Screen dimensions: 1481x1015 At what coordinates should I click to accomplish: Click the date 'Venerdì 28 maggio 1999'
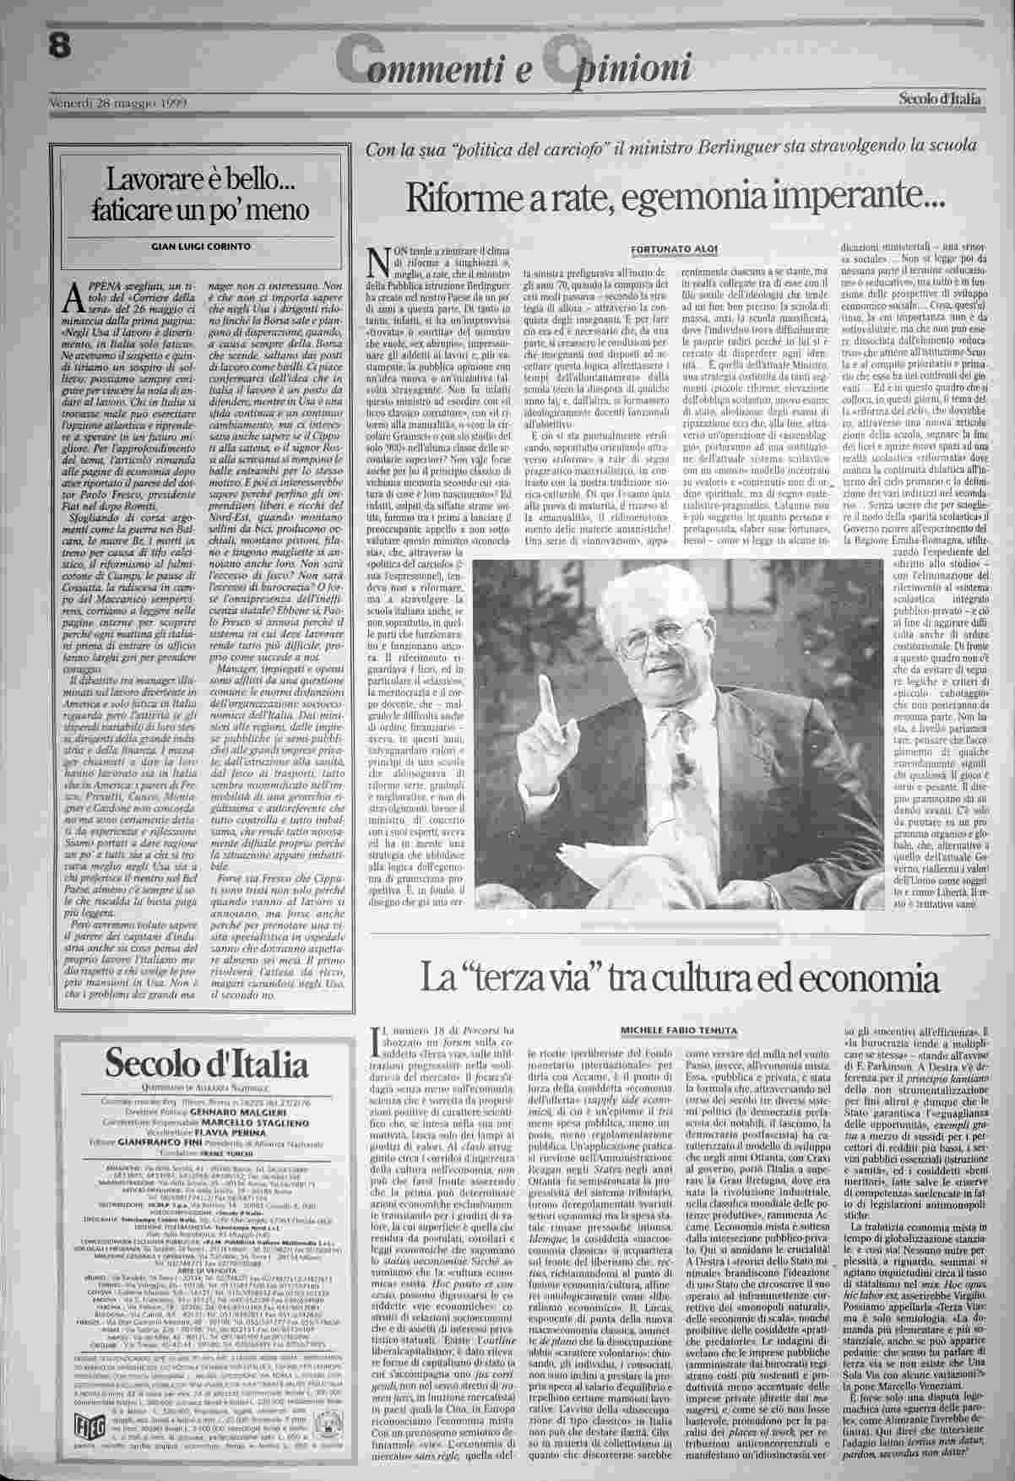pyautogui.click(x=118, y=104)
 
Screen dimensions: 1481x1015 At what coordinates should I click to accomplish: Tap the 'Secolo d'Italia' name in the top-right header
pyautogui.click(x=940, y=100)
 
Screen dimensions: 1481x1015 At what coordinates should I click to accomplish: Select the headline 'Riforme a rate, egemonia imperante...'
pyautogui.click(x=675, y=198)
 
